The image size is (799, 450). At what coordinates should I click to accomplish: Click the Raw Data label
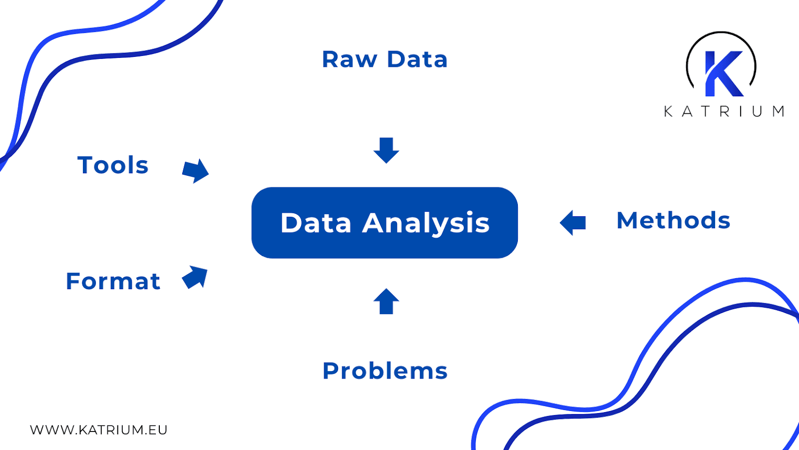pos(385,59)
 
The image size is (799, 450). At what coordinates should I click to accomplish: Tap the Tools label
pos(113,165)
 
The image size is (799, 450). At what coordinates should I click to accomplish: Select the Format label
pos(113,281)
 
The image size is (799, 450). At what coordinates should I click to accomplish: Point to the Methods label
pos(673,221)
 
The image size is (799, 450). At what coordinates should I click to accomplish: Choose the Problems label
pos(385,371)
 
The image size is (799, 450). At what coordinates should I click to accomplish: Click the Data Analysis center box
pos(385,223)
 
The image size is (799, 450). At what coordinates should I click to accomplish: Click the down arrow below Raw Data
pos(386,150)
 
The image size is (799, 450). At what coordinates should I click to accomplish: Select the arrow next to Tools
pos(195,171)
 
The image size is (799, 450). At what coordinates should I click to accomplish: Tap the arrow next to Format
pos(195,277)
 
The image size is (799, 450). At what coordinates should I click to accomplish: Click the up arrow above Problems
pos(386,301)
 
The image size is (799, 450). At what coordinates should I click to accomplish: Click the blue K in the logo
pos(722,73)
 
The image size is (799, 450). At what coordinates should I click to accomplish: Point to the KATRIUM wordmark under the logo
pos(724,111)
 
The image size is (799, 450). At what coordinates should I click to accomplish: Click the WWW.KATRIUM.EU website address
pos(98,430)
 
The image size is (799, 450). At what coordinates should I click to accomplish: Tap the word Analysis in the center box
pos(426,223)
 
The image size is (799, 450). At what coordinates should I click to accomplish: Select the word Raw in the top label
pos(349,59)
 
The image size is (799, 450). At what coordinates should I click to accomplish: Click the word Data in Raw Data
pos(417,59)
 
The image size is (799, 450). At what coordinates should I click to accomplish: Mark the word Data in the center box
pos(316,223)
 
